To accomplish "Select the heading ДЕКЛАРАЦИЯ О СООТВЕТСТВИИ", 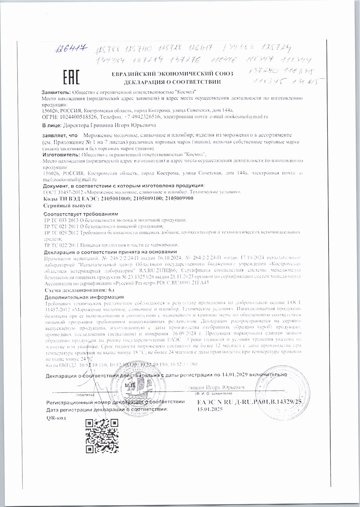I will click(x=172, y=82).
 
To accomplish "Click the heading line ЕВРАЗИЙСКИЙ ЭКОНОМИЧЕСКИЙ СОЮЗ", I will click(x=172, y=74).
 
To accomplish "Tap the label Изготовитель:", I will click(x=59, y=154).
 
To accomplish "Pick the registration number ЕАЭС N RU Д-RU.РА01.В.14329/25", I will click(x=249, y=402).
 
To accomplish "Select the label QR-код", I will click(x=56, y=418).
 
